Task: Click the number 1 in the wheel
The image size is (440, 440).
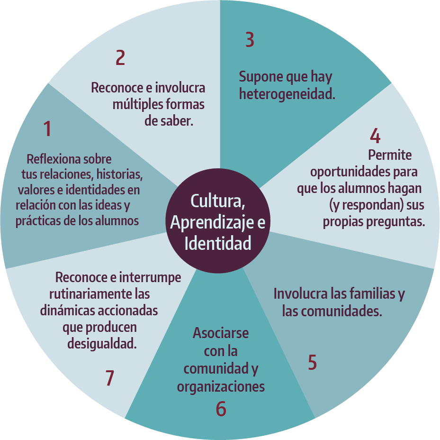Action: tap(47, 128)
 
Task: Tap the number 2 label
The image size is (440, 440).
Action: tap(120, 57)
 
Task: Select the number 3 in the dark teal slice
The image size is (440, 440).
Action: tap(250, 40)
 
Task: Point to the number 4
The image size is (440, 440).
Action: tap(375, 136)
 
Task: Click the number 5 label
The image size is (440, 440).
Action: tap(312, 362)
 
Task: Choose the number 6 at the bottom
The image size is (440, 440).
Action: tap(221, 409)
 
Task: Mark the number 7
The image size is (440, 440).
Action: tap(110, 378)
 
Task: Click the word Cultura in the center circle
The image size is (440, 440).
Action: tap(218, 201)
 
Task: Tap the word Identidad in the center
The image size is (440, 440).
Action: tap(218, 243)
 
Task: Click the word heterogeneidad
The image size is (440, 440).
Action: tap(287, 94)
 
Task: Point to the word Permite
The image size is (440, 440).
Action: tap(390, 155)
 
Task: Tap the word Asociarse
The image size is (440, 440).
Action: tap(221, 333)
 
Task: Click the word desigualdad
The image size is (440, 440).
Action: tap(102, 343)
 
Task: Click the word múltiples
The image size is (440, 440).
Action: tap(137, 104)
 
